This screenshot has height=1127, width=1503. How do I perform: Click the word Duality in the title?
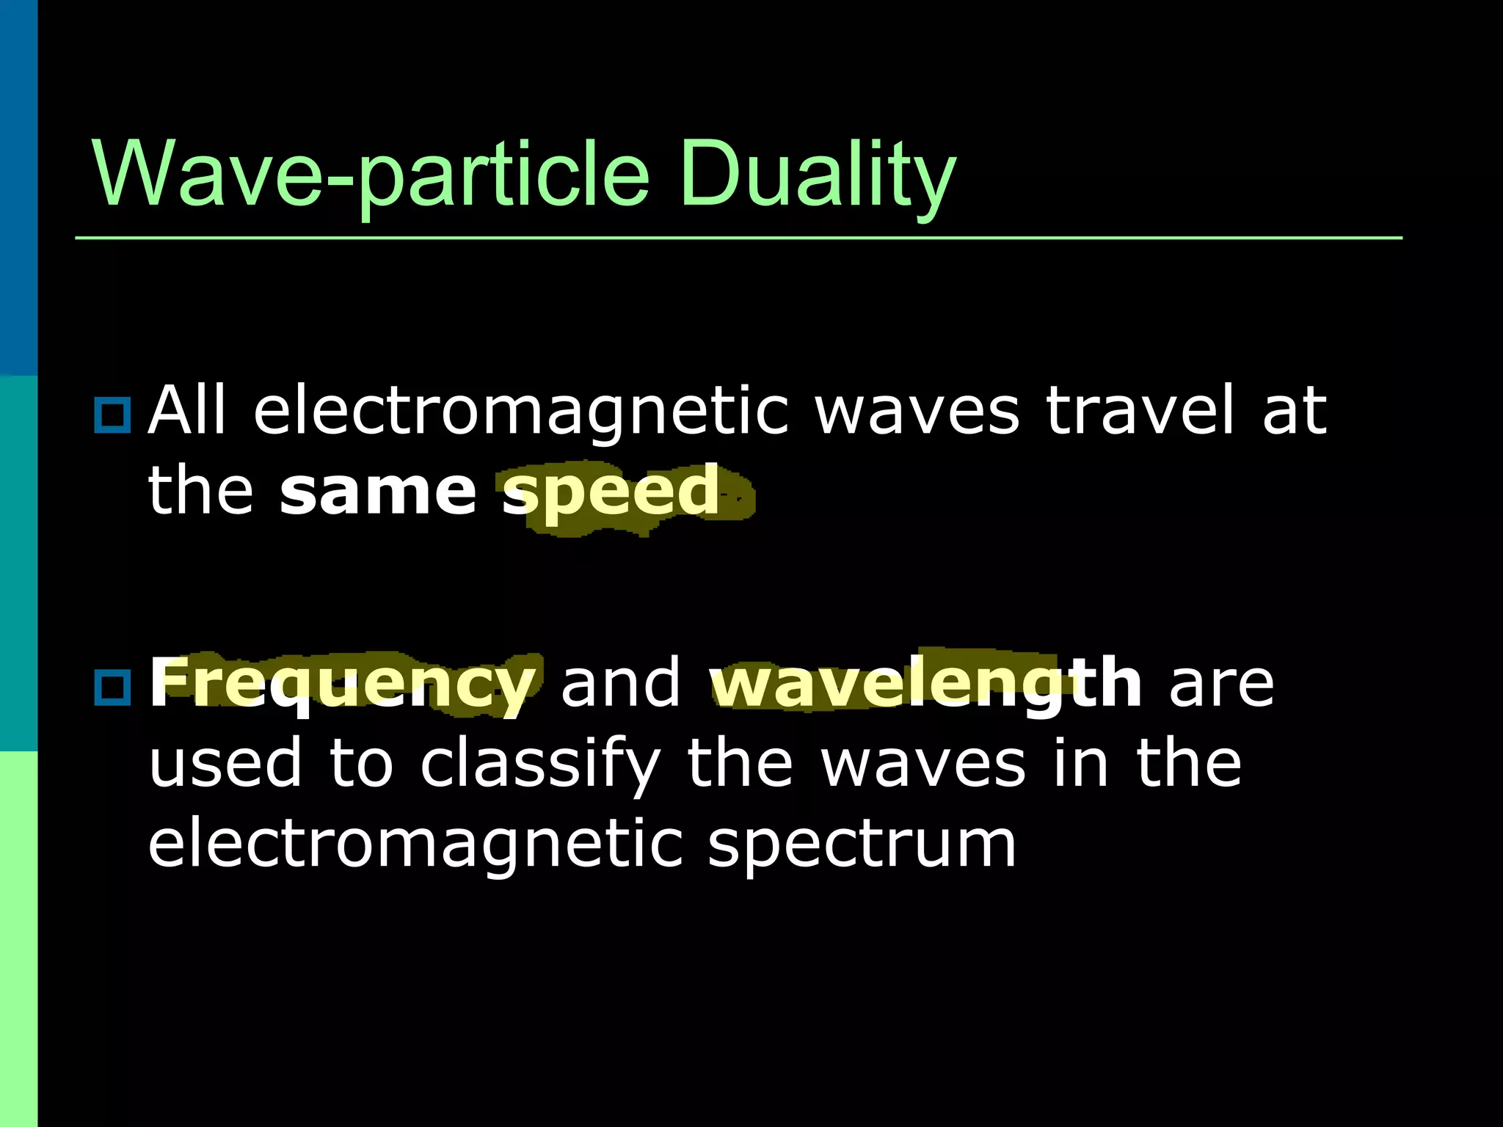point(816,176)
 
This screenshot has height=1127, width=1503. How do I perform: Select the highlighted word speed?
point(611,491)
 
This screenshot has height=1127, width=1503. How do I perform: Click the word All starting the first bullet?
point(186,410)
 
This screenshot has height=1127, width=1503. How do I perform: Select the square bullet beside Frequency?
point(112,687)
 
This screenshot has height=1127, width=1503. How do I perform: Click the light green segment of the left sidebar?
point(18,939)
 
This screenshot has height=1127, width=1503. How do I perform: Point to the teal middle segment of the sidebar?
point(18,563)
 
